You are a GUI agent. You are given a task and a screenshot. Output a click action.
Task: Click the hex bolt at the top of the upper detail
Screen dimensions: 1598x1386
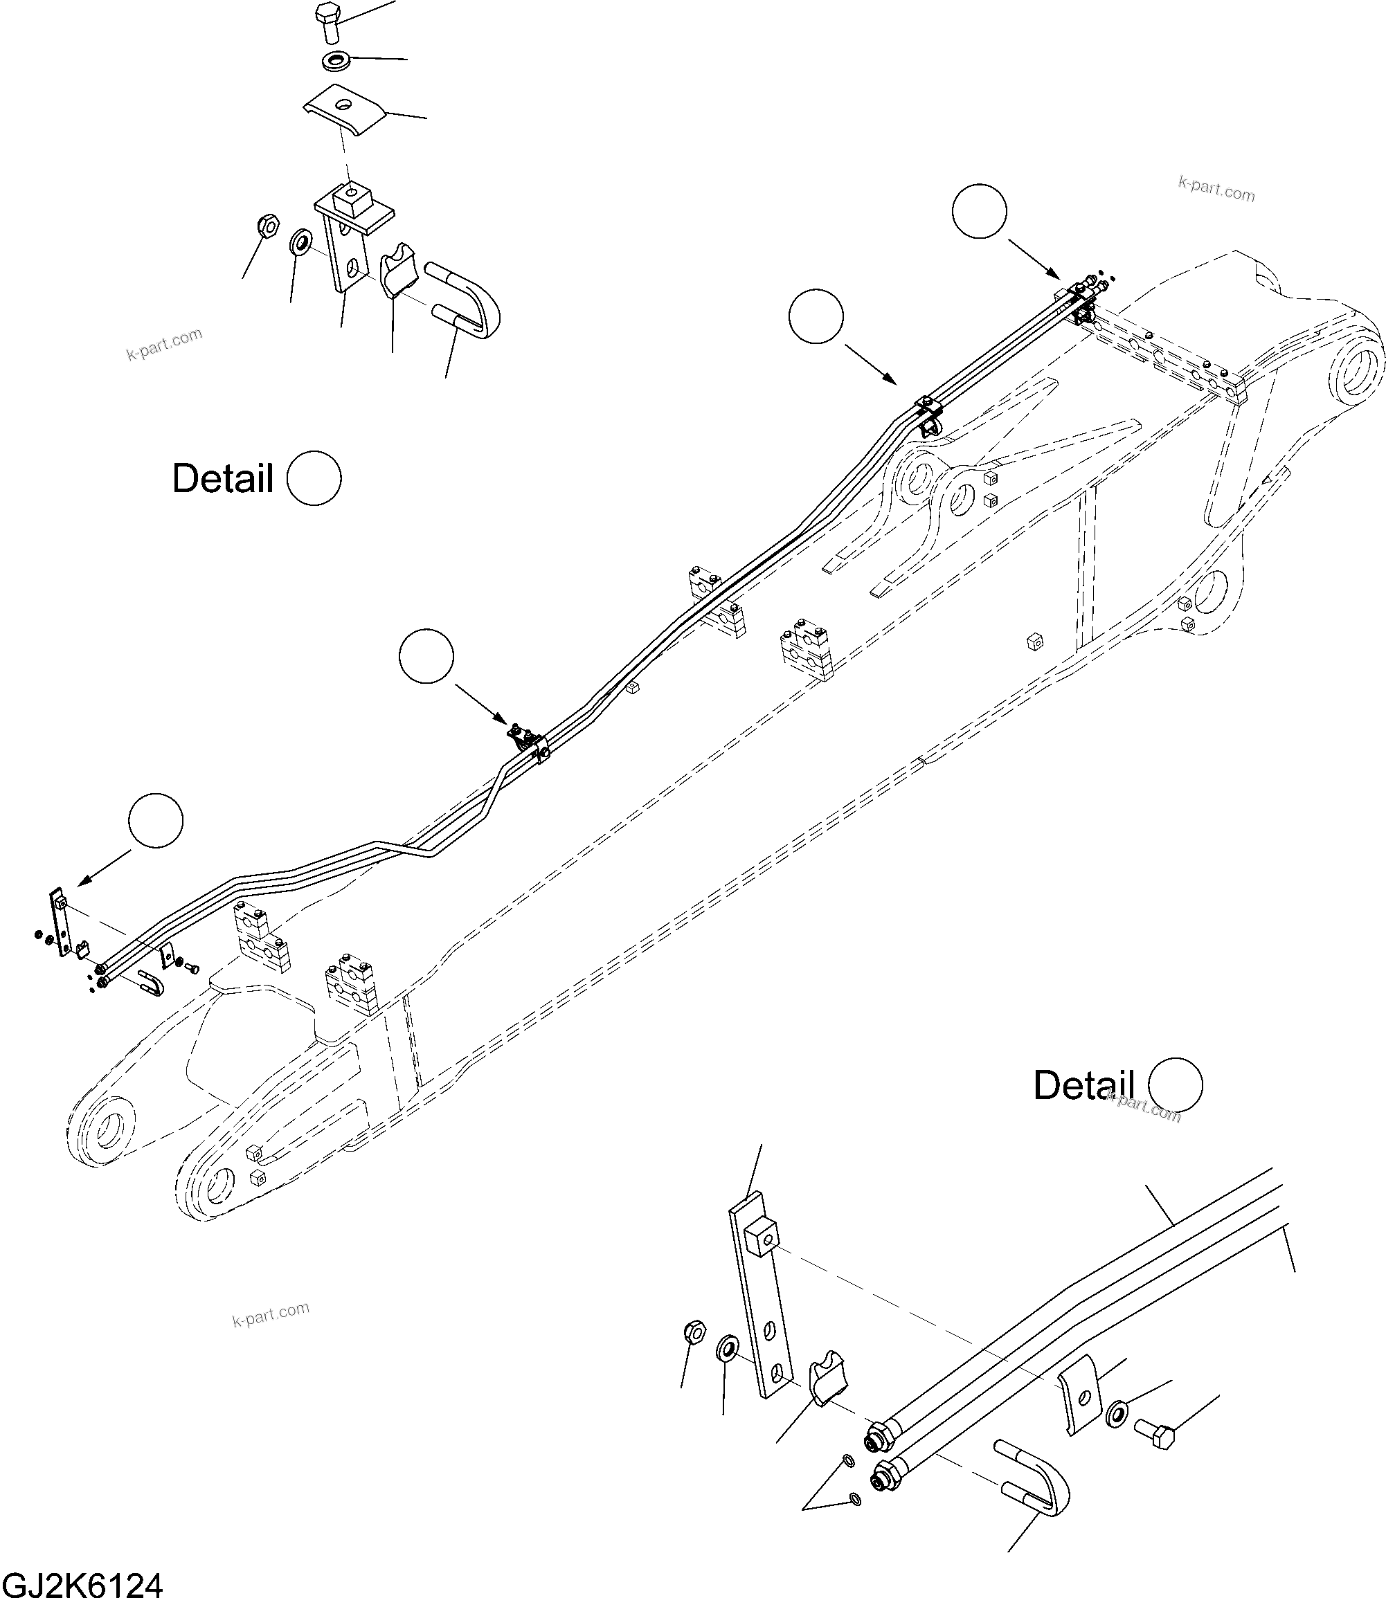point(328,21)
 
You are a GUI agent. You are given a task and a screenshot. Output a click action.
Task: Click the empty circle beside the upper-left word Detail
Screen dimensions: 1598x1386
point(314,478)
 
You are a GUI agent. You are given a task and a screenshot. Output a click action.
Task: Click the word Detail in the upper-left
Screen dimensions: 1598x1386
point(223,478)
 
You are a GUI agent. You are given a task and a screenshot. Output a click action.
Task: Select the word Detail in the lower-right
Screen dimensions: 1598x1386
point(1083,1085)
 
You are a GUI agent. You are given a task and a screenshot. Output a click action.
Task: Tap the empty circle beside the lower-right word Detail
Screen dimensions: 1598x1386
point(1176,1084)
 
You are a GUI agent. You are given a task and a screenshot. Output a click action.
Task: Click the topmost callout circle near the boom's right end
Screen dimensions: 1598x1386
point(979,211)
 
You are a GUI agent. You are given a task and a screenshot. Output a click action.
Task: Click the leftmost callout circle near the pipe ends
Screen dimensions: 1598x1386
point(156,820)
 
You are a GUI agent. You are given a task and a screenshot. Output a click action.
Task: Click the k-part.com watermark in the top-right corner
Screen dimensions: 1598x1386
point(1216,189)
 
